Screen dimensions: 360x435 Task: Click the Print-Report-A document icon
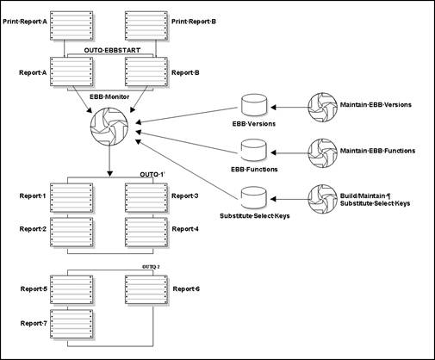(x=76, y=25)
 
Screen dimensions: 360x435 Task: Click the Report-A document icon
(x=76, y=71)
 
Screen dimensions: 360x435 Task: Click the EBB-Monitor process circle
(x=111, y=131)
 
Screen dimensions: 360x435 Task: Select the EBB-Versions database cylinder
(x=253, y=107)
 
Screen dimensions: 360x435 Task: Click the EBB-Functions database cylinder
(x=253, y=152)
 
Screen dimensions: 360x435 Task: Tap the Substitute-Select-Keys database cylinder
(x=253, y=196)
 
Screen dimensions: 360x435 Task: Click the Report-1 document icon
(x=76, y=196)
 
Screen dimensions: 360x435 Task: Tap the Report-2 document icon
(x=76, y=230)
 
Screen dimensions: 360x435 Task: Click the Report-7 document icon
(x=76, y=323)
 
